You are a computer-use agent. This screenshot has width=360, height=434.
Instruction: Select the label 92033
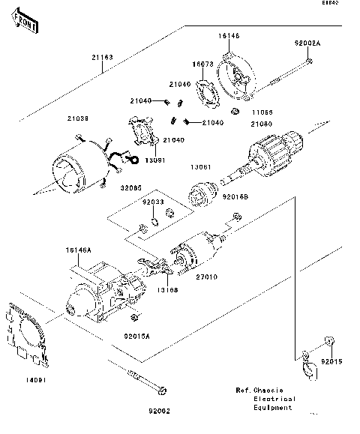(x=154, y=202)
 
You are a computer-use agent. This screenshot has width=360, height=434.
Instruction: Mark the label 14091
(x=26, y=381)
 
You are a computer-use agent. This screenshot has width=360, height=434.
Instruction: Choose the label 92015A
(x=137, y=337)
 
